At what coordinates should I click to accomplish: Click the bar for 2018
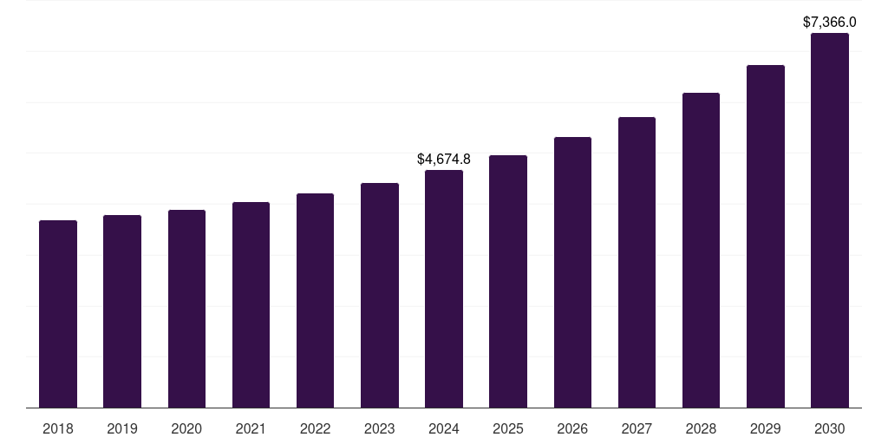[58, 314]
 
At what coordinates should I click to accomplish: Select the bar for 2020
[186, 309]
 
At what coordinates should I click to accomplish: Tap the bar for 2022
[315, 300]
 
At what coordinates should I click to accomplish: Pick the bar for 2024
[444, 289]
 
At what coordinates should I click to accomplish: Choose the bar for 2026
[572, 272]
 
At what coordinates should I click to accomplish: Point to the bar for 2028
[701, 250]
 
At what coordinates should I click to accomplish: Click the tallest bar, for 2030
[830, 220]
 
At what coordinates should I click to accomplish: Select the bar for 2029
[766, 236]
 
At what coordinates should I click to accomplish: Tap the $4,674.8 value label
[444, 159]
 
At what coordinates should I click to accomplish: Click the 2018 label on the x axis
[58, 428]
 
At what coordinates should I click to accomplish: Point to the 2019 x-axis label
[122, 428]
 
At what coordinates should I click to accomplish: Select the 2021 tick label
[251, 428]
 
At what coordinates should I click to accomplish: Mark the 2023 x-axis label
[380, 428]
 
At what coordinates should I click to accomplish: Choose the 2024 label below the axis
[444, 428]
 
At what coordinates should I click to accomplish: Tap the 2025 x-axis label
[508, 428]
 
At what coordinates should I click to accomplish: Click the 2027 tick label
[637, 428]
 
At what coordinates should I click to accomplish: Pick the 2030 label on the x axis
[830, 428]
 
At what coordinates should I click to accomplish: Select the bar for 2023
[380, 295]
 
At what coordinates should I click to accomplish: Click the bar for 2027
[637, 262]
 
